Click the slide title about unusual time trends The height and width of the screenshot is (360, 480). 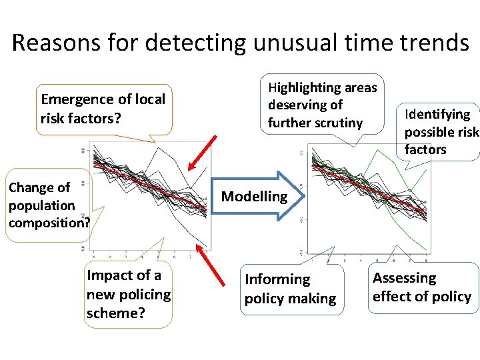(240, 43)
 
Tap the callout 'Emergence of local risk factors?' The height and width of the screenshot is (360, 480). (103, 109)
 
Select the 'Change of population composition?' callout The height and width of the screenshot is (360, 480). (47, 205)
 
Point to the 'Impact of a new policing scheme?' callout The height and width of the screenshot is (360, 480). (128, 293)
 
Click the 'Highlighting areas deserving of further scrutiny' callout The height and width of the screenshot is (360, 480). (323, 105)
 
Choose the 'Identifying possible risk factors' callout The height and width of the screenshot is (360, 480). (440, 131)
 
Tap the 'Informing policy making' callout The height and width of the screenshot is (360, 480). (291, 289)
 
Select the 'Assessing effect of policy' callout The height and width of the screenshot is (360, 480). (421, 287)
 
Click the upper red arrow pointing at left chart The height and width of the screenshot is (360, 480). (203, 152)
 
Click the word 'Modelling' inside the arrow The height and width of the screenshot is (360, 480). (254, 196)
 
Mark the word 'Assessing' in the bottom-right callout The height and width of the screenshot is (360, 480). (404, 278)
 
